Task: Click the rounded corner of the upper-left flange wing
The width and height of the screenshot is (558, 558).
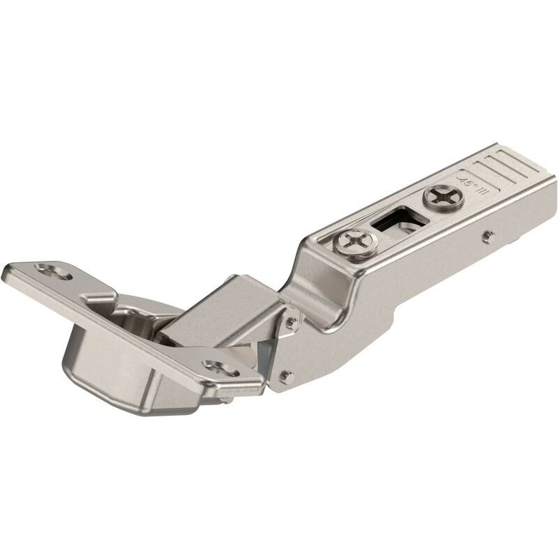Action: tap(10, 271)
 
